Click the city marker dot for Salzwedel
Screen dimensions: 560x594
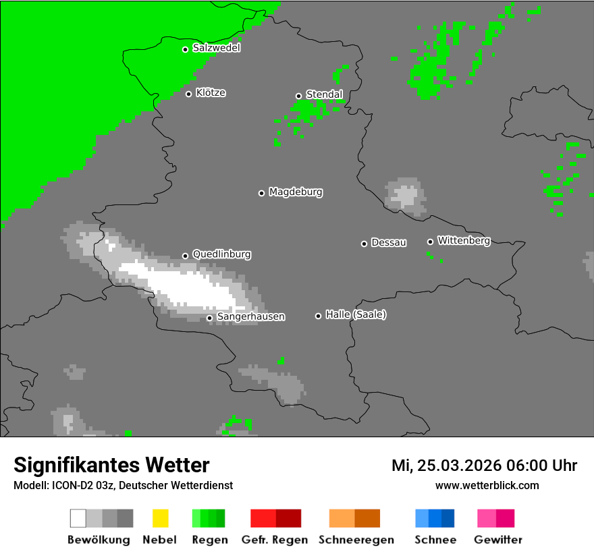pos(185,49)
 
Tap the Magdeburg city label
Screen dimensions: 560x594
pos(296,192)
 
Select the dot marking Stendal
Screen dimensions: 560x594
pos(298,96)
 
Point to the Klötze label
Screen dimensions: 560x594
pos(211,93)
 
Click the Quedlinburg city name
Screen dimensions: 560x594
pos(221,254)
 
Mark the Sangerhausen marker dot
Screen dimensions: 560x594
pos(209,318)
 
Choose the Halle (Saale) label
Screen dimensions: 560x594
pos(356,314)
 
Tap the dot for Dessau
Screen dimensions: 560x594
pos(364,244)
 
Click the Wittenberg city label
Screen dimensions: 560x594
pos(464,240)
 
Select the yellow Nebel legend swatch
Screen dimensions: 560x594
pos(160,518)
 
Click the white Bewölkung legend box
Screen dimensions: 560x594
pos(78,518)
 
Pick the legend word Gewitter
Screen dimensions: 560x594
pos(498,540)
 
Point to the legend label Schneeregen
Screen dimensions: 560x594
pos(356,540)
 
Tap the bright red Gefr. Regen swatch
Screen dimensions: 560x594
pos(263,518)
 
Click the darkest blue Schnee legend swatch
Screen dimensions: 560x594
pos(448,518)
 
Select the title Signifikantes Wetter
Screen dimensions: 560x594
pos(111,465)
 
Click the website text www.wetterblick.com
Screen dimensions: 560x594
pos(487,485)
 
